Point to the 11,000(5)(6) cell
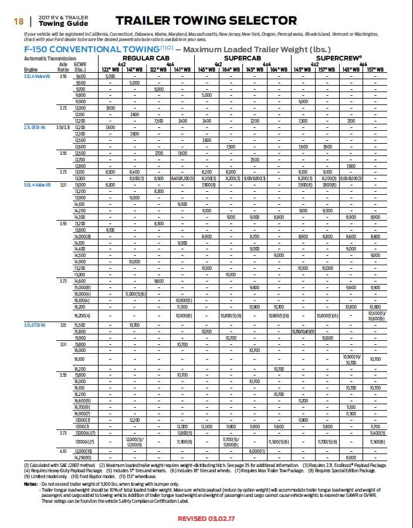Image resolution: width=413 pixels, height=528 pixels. point(134,293)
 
